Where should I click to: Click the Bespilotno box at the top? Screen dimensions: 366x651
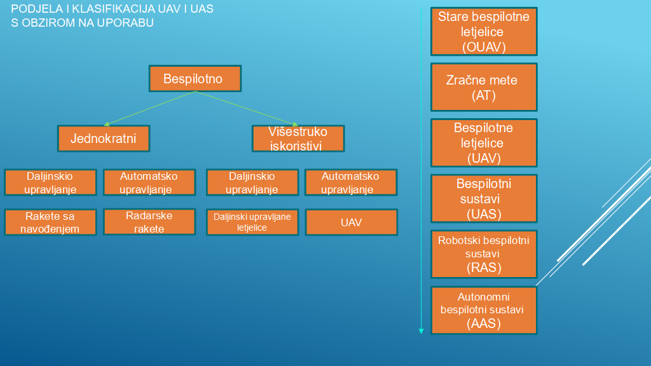195,79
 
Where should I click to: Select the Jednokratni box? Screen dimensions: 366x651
104,139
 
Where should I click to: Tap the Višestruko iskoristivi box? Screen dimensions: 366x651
298,139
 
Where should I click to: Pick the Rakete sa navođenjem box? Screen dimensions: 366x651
50,222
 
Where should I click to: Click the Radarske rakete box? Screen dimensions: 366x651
149,222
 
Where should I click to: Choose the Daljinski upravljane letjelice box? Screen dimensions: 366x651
252,222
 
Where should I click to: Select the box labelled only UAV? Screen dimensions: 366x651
351,222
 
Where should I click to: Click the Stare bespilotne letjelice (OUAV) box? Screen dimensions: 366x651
484,32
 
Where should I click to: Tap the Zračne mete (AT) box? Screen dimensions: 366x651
484,88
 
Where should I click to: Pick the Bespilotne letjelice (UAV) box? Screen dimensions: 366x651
484,143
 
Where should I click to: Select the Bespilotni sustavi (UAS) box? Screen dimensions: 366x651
484,198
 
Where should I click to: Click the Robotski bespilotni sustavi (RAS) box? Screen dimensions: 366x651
484,254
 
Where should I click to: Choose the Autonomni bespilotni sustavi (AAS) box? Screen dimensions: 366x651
484,310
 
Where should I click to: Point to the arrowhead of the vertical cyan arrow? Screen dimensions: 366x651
421,330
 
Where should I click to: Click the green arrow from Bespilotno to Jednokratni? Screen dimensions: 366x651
149,108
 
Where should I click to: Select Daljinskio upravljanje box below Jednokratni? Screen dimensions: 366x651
50,182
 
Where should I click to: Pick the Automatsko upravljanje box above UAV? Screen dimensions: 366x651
351,182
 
